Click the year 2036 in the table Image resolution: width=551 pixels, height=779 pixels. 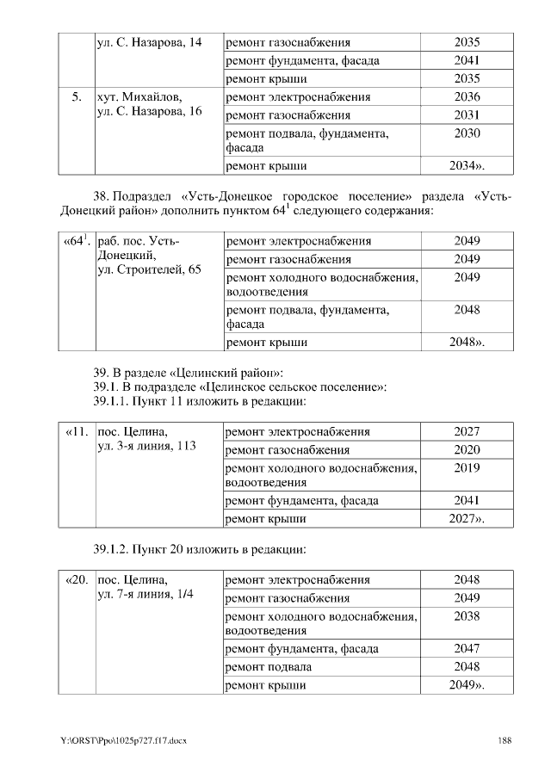coord(467,97)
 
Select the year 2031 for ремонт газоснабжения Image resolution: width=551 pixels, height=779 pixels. coord(467,115)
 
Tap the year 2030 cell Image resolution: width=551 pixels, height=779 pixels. coord(467,133)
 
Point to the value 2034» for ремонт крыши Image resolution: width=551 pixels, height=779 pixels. coord(467,166)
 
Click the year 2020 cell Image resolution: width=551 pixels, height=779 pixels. coord(467,450)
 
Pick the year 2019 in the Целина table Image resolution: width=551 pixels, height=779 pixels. coord(467,468)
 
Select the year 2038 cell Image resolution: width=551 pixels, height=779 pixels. coord(467,616)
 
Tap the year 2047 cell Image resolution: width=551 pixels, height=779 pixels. coord(467,649)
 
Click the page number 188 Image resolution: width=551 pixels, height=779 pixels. coord(505,740)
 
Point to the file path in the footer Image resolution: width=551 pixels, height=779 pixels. coord(123,741)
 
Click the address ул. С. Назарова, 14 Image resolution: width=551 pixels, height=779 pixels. coord(149,43)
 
